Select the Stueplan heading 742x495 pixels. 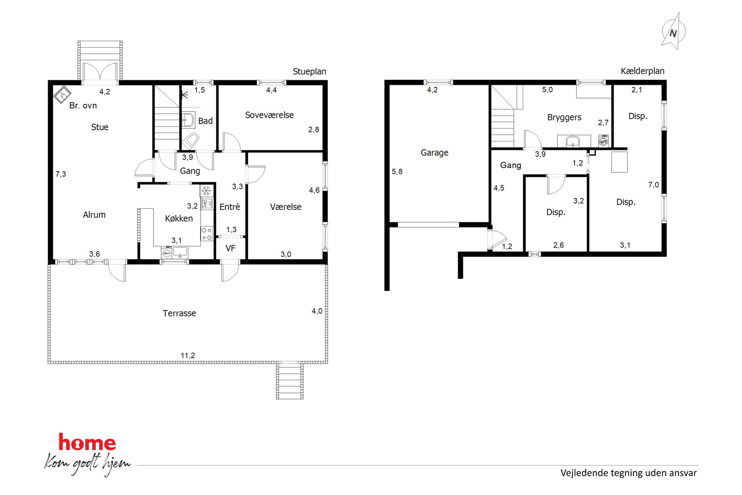pos(309,71)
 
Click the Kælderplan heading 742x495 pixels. pos(643,71)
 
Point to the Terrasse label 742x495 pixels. pos(179,313)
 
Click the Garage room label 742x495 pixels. pos(434,153)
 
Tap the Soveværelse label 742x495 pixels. pos(269,115)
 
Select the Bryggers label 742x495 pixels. pos(564,117)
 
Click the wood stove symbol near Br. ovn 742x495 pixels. pos(62,95)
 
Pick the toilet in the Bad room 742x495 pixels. pos(191,141)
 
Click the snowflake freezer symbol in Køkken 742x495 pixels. pos(206,191)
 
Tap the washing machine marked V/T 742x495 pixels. pos(603,141)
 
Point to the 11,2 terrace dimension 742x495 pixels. pos(188,355)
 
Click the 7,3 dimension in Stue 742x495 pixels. pos(61,174)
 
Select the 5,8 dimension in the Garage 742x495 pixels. pos(397,172)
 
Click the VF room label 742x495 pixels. pos(230,248)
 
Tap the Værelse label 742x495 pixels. pos(286,207)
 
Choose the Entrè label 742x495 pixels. pos(230,207)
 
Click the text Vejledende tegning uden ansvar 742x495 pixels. pos(628,473)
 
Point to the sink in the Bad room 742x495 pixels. pos(188,120)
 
